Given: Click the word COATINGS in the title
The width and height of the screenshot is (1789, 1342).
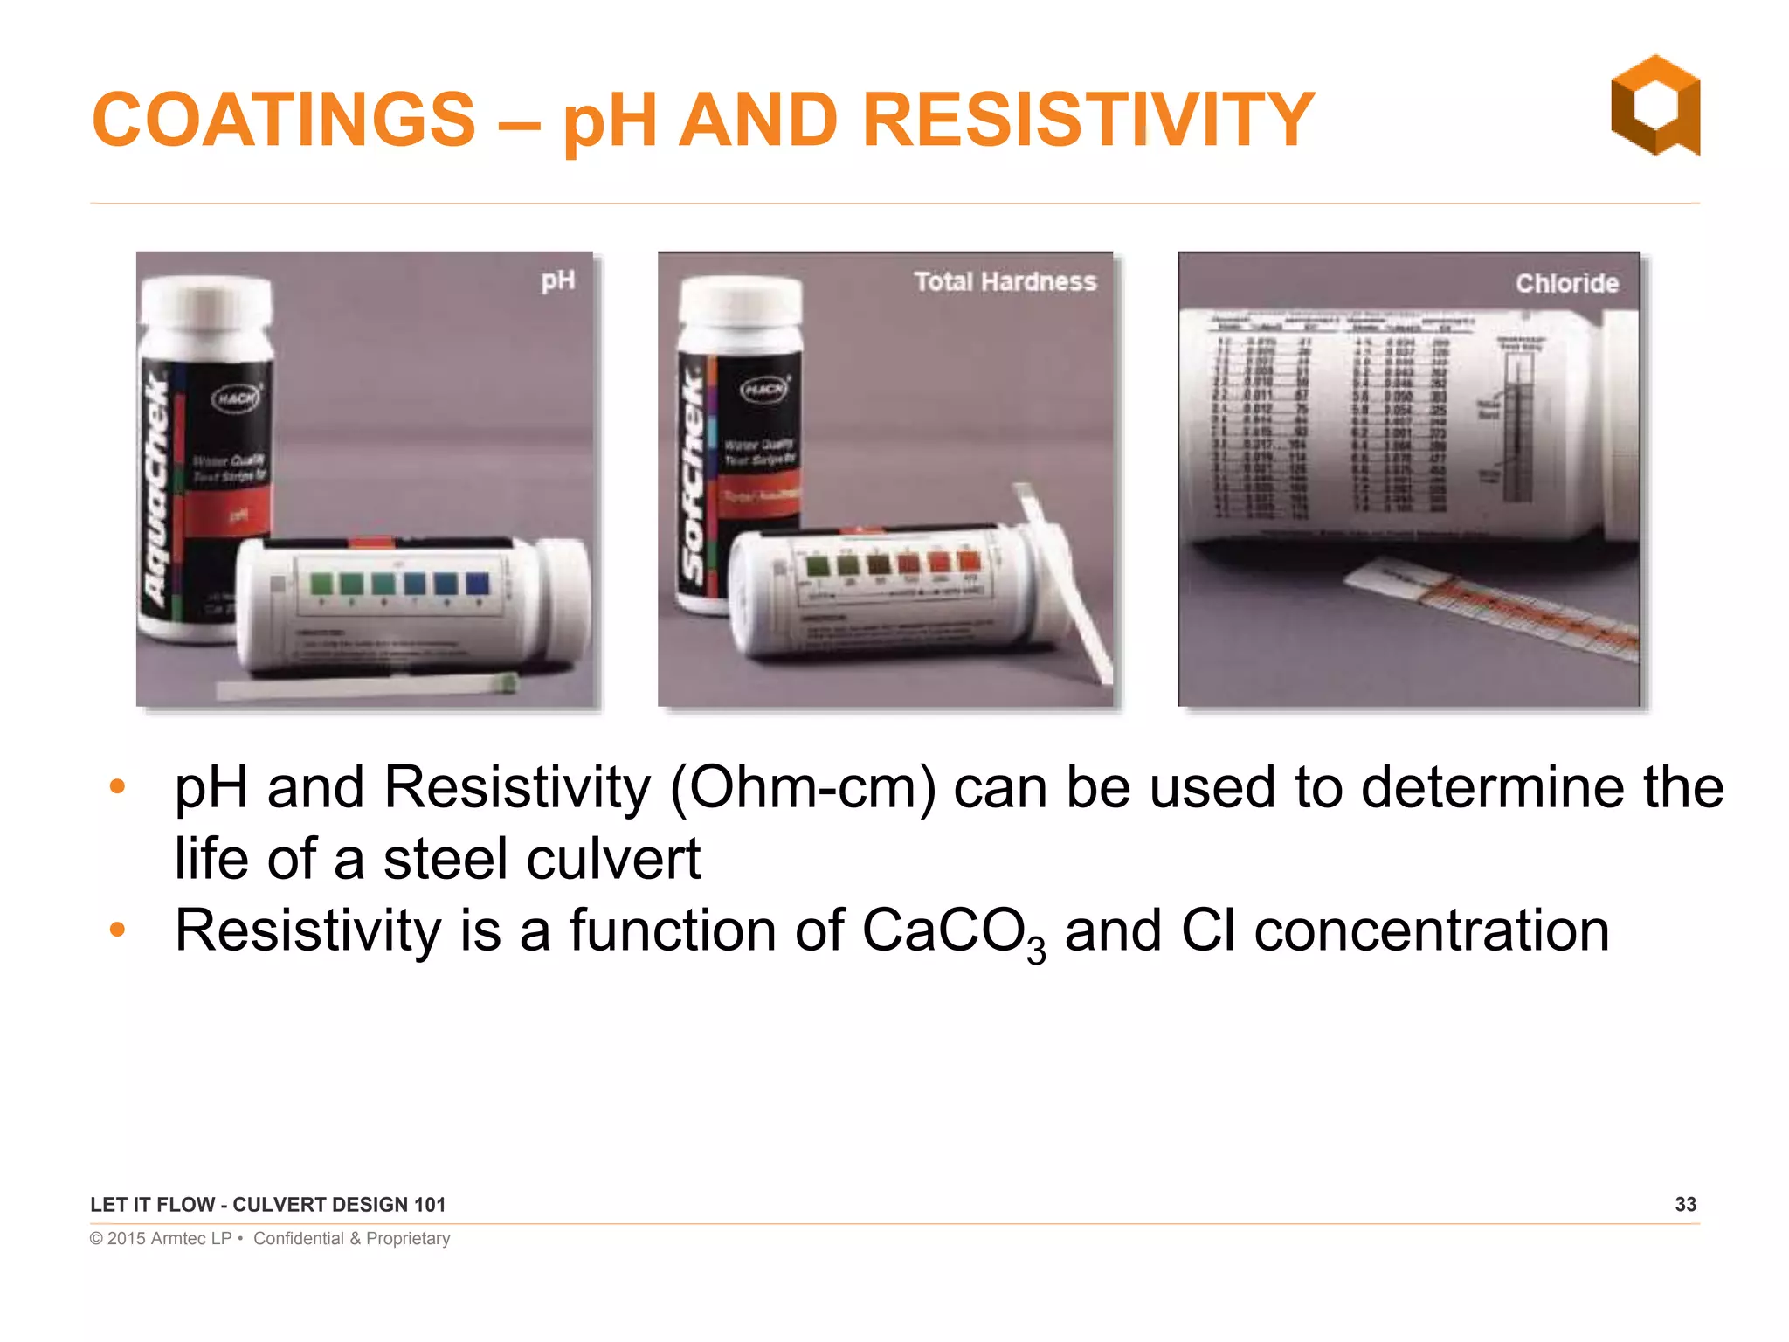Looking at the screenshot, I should (284, 120).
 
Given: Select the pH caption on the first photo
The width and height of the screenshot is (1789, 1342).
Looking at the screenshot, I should (557, 280).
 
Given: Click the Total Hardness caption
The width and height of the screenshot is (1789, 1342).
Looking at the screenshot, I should (1005, 281).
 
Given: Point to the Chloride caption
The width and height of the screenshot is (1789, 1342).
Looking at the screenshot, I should (1566, 283).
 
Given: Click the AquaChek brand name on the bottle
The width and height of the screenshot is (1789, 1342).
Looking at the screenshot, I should (157, 489).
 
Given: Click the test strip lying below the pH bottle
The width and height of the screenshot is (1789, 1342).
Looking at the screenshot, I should (367, 686).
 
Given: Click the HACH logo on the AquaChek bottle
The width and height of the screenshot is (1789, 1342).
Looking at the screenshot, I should (237, 398).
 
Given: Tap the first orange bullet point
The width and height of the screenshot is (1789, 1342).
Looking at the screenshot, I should (118, 786).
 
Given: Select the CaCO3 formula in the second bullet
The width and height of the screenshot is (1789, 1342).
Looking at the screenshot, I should (952, 931).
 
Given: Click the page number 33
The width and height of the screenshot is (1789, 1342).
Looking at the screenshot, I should (1685, 1204).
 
